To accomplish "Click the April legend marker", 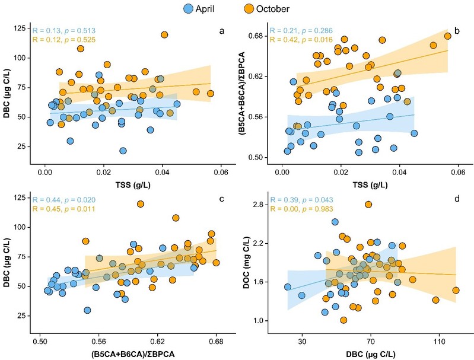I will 189,9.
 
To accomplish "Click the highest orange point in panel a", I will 164,35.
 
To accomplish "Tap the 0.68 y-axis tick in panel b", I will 257,36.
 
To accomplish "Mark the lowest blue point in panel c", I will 88,310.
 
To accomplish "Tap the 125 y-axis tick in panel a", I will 22,28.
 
